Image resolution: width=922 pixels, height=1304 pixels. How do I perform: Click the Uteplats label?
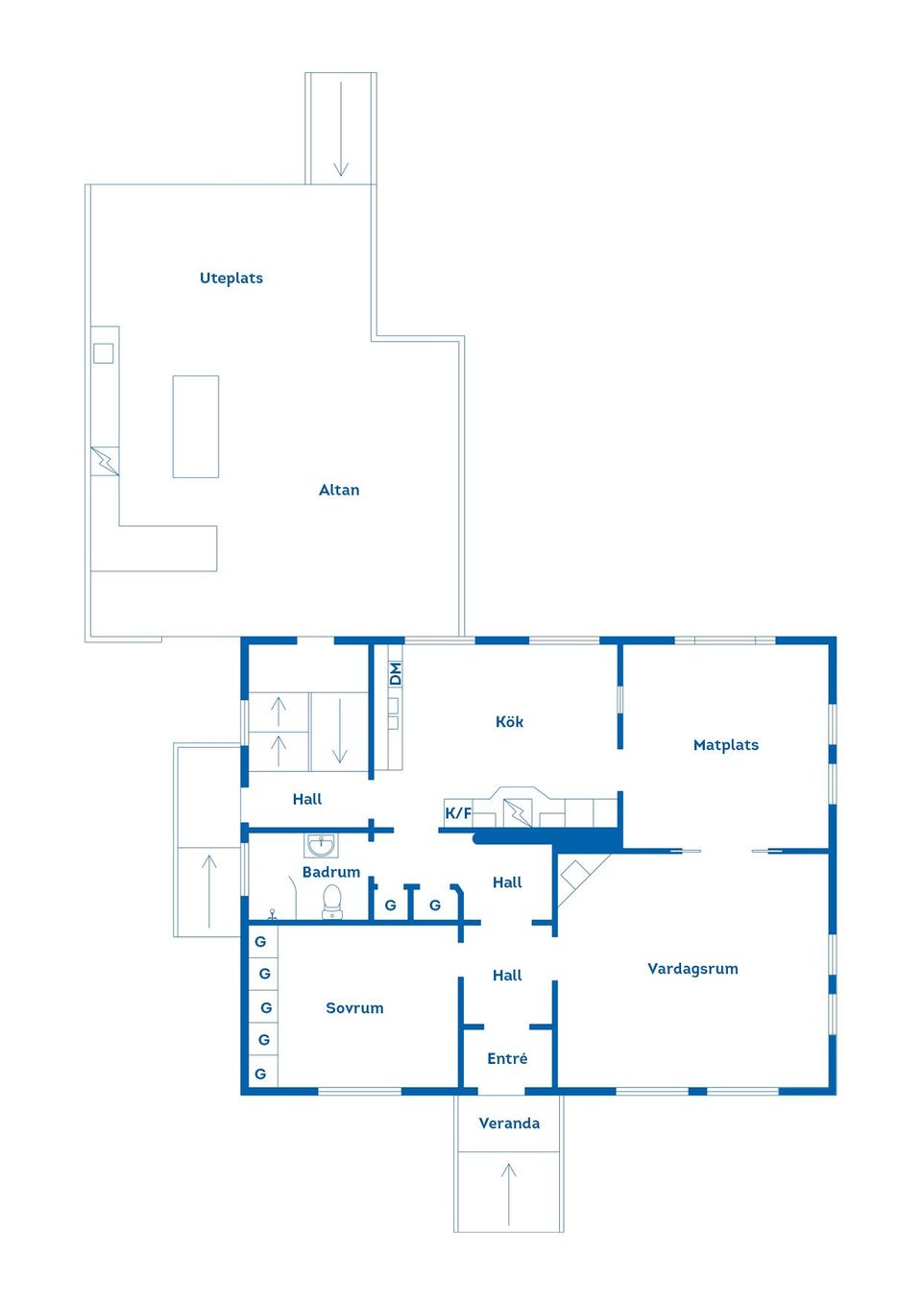[x=230, y=278]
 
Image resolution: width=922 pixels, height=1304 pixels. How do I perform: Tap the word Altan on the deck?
[x=339, y=490]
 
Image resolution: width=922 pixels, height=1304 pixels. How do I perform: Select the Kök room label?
[x=509, y=721]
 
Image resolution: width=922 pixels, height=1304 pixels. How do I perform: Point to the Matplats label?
[x=725, y=745]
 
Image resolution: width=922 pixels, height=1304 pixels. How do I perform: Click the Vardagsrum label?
[x=692, y=969]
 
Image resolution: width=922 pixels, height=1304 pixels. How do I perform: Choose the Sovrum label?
[x=354, y=1008]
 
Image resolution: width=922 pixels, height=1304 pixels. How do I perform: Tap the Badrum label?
[x=330, y=872]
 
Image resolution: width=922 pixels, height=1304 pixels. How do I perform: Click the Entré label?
[x=507, y=1058]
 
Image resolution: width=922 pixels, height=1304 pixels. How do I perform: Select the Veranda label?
[x=509, y=1123]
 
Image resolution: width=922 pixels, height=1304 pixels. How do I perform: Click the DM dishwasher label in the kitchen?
[x=395, y=674]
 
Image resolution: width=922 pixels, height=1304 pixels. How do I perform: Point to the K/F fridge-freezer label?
[x=458, y=813]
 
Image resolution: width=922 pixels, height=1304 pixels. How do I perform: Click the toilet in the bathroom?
[x=331, y=901]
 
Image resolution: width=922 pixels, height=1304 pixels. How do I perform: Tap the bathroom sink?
[x=321, y=846]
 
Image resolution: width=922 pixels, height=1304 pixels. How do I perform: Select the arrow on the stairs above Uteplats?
[x=341, y=129]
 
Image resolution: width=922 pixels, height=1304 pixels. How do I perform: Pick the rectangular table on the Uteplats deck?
[x=196, y=426]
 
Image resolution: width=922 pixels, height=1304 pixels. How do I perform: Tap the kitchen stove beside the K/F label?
[x=517, y=812]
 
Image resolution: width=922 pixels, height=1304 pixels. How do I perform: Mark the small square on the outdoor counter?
[x=104, y=353]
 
